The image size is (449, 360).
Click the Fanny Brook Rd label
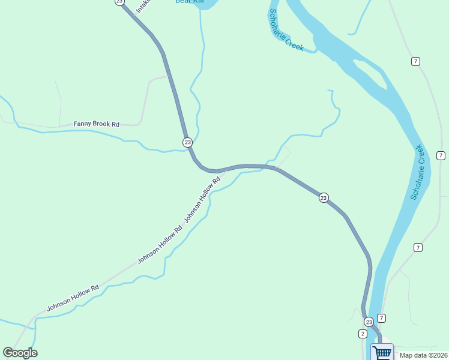click(x=96, y=124)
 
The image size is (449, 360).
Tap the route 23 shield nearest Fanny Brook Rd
click(x=188, y=142)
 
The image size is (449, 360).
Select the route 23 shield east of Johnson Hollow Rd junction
click(x=324, y=198)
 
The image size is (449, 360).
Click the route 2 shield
click(x=363, y=334)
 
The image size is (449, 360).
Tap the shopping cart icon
click(x=382, y=352)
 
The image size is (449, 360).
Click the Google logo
click(x=20, y=353)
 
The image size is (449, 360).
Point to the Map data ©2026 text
click(x=423, y=355)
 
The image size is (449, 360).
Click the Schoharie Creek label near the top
click(x=286, y=30)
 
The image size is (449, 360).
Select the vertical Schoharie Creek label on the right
click(x=418, y=172)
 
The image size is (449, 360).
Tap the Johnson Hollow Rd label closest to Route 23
click(x=202, y=199)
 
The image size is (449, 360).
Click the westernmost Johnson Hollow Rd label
click(x=73, y=298)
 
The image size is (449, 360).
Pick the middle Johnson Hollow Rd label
click(x=159, y=245)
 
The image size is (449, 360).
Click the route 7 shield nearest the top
click(x=415, y=61)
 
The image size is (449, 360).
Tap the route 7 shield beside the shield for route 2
click(x=381, y=318)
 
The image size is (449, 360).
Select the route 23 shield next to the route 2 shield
click(x=368, y=322)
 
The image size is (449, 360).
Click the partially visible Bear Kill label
click(x=189, y=2)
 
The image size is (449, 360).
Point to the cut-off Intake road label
click(x=142, y=6)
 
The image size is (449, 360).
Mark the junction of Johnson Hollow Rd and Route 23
click(x=224, y=169)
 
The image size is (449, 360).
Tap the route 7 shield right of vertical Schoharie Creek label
click(x=441, y=155)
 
